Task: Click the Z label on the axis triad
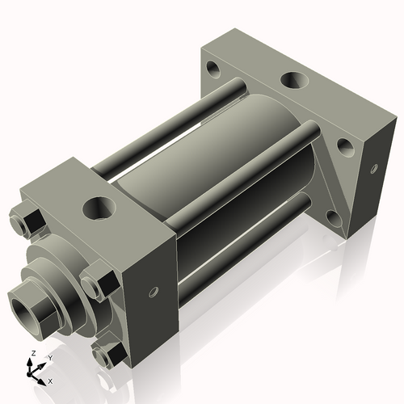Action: pyautogui.click(x=32, y=354)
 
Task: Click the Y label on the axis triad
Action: pyautogui.click(x=49, y=357)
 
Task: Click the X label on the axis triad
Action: pyautogui.click(x=50, y=380)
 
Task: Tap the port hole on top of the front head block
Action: pyautogui.click(x=100, y=208)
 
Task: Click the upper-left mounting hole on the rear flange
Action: pyautogui.click(x=214, y=67)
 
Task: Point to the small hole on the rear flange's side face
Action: pyautogui.click(x=373, y=169)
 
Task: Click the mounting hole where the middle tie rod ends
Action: pyautogui.click(x=343, y=146)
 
